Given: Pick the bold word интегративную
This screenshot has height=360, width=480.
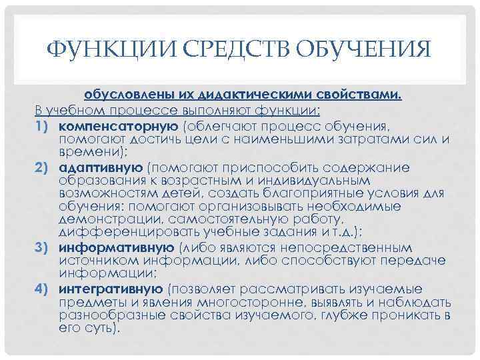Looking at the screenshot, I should point(110,289).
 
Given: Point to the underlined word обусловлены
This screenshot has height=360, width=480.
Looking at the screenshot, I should point(117,95).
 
